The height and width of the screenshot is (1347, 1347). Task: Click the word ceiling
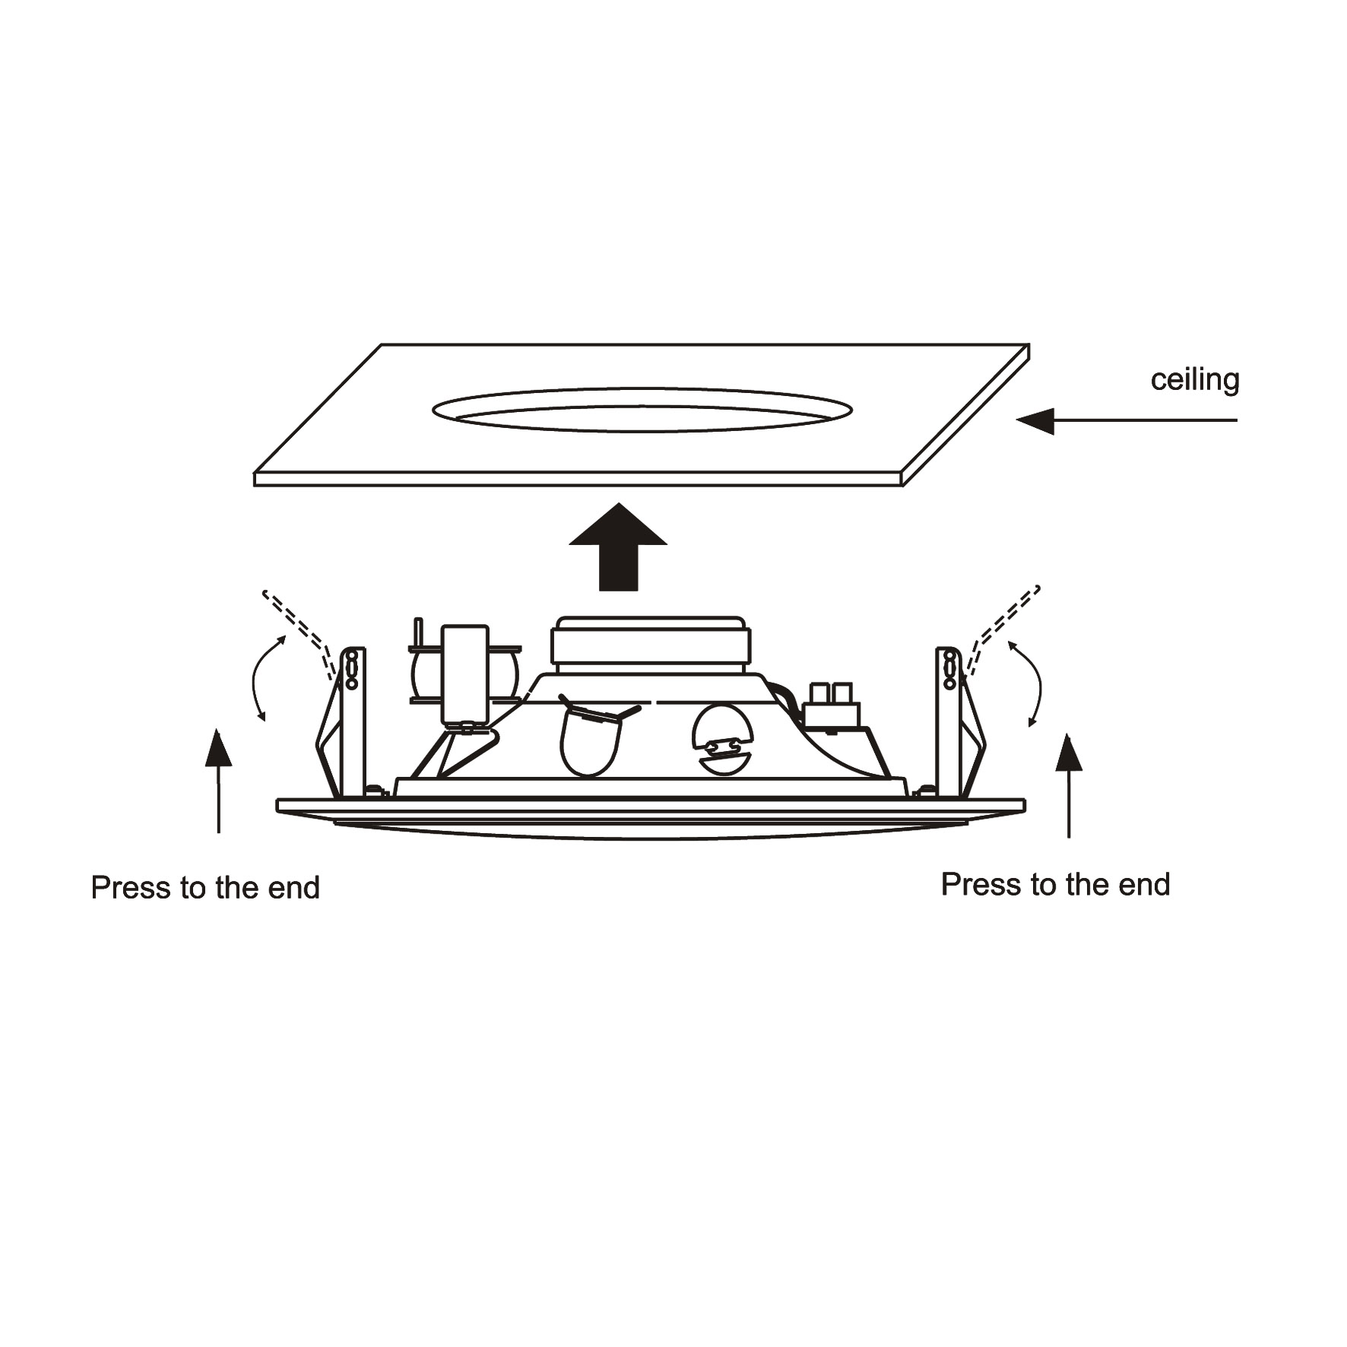[x=1194, y=380]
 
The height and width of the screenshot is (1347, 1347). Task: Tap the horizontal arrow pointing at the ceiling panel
[x=1127, y=420]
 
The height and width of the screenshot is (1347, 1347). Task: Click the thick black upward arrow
[x=618, y=547]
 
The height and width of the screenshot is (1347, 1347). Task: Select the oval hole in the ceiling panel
[x=642, y=409]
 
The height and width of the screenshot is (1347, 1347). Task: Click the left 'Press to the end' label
[x=205, y=888]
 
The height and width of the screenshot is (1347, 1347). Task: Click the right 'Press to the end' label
[x=1055, y=885]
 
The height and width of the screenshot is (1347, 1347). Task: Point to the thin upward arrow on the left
[x=219, y=781]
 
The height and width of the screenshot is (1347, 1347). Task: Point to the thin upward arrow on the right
[x=1070, y=785]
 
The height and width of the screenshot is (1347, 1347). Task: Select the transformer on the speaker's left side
[x=464, y=674]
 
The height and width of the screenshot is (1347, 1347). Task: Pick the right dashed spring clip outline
[x=1003, y=629]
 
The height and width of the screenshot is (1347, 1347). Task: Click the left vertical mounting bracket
[x=352, y=721]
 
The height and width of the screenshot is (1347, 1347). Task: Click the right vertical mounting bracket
[x=949, y=721]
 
